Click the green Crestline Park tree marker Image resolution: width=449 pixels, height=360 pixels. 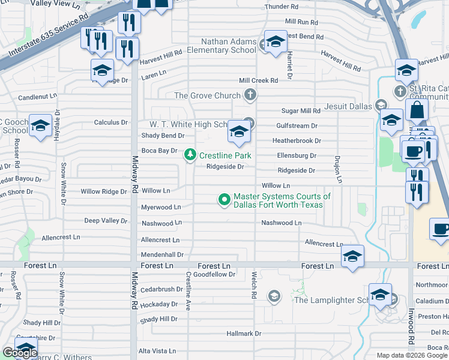(x=190, y=155)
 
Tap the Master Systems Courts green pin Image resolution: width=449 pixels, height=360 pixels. (x=224, y=199)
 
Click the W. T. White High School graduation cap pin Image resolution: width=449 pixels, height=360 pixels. (x=239, y=133)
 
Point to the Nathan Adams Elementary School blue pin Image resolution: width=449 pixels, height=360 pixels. (x=276, y=42)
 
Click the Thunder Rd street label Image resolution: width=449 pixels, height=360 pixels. (x=282, y=7)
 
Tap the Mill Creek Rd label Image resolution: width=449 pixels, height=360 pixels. (x=258, y=80)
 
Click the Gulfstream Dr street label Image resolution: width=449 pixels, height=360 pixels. (x=297, y=126)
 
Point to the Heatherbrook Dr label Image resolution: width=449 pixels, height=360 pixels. (x=297, y=141)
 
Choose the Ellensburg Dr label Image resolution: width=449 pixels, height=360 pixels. (x=297, y=155)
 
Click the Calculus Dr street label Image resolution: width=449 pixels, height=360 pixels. (x=111, y=122)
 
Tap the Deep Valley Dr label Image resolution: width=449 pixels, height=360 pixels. (x=106, y=221)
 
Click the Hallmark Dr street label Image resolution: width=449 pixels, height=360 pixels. (x=244, y=333)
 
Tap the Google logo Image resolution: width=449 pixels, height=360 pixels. (x=19, y=353)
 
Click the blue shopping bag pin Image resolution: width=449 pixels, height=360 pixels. (x=416, y=111)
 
